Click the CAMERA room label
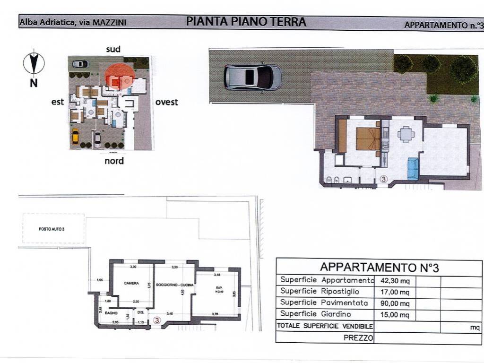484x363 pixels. pyautogui.click(x=131, y=283)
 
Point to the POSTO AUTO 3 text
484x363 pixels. pyautogui.click(x=52, y=229)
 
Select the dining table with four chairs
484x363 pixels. pyautogui.click(x=406, y=134)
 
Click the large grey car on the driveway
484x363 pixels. pyautogui.click(x=252, y=77)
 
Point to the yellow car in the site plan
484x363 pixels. pyautogui.click(x=75, y=137)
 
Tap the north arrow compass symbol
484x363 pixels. pyautogui.click(x=34, y=63)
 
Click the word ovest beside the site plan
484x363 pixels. pyautogui.click(x=166, y=102)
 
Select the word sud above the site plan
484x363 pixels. pyautogui.click(x=113, y=49)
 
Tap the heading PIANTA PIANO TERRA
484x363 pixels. pyautogui.click(x=246, y=22)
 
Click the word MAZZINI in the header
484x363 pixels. pyautogui.click(x=109, y=22)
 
